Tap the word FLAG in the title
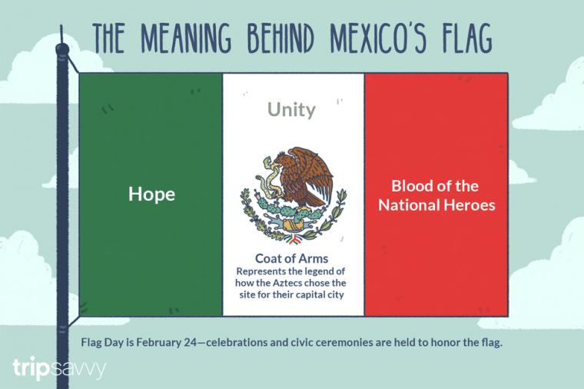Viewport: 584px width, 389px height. pos(466,38)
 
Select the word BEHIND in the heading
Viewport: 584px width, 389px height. pos(280,38)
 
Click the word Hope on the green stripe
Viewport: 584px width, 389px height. pos(151,194)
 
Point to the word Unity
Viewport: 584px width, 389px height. pos(292,110)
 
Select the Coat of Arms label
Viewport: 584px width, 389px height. pos(292,258)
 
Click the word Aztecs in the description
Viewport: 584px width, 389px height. pos(287,283)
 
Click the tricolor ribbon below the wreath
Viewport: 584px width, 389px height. pos(293,240)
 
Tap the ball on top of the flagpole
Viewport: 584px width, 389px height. pos(62,48)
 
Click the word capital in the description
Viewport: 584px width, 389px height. pos(307,294)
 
